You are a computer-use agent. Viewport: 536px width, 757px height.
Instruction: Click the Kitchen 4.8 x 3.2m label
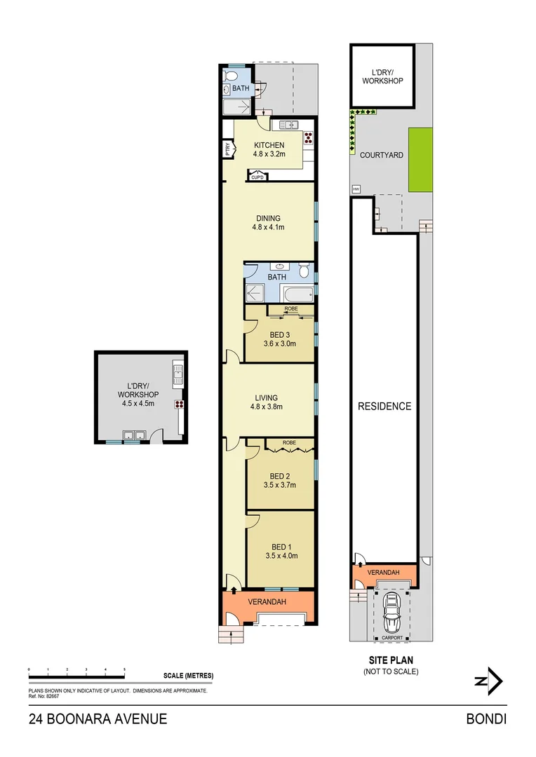point(269,150)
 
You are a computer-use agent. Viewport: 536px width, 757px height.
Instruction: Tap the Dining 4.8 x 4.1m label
point(269,222)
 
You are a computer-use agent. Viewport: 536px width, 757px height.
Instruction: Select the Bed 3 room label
point(279,339)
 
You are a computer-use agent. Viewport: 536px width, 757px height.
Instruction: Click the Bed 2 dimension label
point(283,484)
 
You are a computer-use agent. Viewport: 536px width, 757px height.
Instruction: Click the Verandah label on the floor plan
point(269,601)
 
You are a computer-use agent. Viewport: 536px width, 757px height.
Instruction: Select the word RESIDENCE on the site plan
point(384,406)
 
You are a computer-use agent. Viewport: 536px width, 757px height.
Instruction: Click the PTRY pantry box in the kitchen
point(228,149)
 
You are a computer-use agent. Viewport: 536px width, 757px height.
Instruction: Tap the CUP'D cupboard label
point(257,177)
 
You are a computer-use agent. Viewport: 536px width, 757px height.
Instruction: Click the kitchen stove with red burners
point(307,137)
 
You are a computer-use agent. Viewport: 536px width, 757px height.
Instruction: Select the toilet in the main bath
point(304,271)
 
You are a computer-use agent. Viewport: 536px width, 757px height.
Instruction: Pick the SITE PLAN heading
point(390,660)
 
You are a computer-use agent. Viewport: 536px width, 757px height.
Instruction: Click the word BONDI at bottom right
point(486,718)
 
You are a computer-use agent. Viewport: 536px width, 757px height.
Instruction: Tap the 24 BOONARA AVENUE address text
point(98,718)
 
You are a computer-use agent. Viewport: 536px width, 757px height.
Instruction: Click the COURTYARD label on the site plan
point(382,155)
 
